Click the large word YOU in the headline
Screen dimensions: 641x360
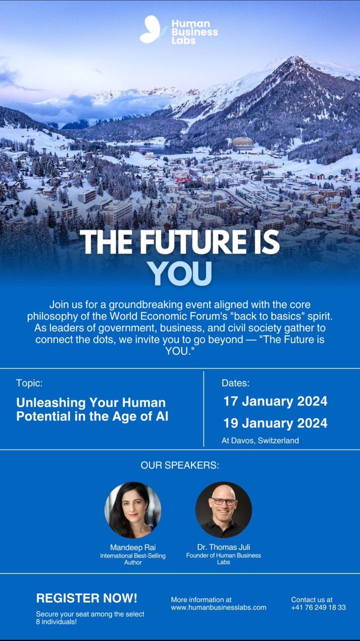pos(179,272)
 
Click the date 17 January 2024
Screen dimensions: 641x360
pos(275,401)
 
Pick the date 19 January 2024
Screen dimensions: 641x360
pos(275,423)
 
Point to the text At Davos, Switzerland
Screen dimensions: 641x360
pos(260,441)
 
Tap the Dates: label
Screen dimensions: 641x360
pos(236,383)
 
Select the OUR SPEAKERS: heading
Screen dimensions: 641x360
pos(179,465)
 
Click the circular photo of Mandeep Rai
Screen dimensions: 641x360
pos(132,510)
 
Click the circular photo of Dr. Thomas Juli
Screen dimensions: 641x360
pos(223,510)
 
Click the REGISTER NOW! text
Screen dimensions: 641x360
pos(87,598)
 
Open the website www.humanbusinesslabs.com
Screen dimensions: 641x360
pos(218,607)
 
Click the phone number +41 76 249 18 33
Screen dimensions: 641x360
pos(318,607)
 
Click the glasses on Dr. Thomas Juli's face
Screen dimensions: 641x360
pos(223,501)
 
